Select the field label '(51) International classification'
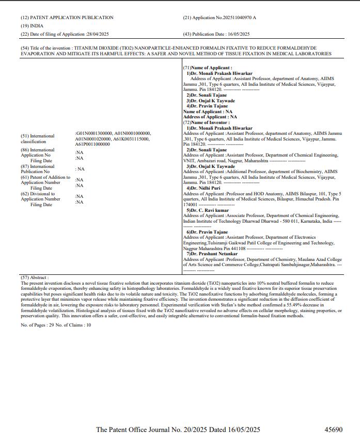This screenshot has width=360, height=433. click(x=37, y=138)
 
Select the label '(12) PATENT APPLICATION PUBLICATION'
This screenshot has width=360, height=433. click(x=67, y=18)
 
